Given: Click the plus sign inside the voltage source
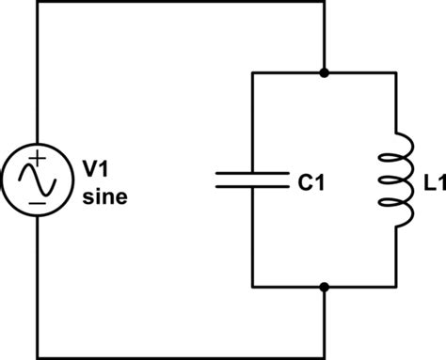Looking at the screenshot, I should (37, 157).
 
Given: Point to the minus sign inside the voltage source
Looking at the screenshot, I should (37, 199).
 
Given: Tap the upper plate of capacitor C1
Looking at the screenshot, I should (252, 173).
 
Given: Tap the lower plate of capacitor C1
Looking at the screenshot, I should (252, 186).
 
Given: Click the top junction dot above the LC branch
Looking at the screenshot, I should (324, 72).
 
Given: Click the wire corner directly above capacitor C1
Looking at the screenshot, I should (252, 72).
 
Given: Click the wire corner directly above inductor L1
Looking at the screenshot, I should (395, 72).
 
